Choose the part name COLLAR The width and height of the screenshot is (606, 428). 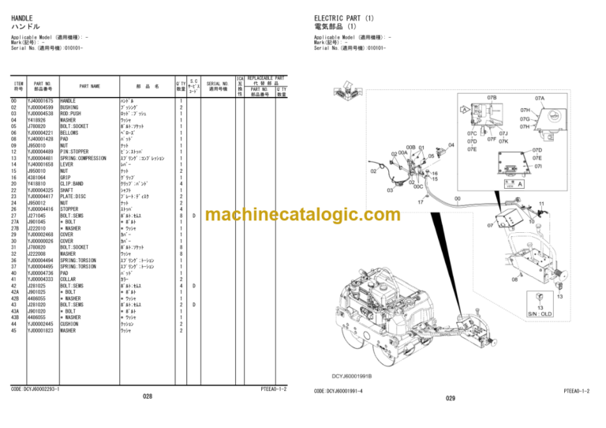69,279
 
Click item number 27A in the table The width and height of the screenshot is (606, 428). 14,222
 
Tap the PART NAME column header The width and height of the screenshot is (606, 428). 89,86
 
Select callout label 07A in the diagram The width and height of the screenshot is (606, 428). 540,99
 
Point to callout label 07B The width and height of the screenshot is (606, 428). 491,99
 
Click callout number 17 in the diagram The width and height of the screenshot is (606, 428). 421,202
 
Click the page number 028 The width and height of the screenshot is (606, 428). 147,396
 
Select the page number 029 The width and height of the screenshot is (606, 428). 450,398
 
